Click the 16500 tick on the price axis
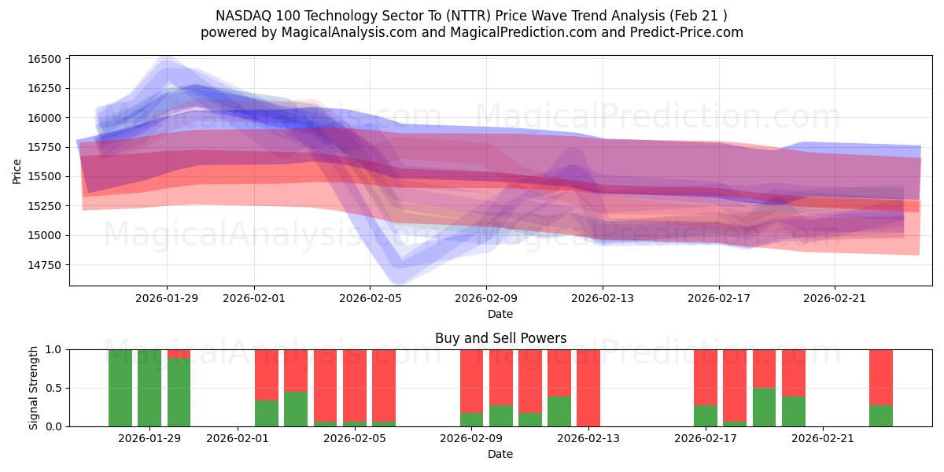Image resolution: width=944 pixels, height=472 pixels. pos(44,59)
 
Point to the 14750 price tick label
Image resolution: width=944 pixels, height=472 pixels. pos(44,264)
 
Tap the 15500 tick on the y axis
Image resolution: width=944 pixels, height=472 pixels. pos(44,176)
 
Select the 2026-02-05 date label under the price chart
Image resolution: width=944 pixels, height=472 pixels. pos(370,298)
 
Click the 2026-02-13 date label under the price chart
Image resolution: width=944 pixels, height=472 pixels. pos(603,298)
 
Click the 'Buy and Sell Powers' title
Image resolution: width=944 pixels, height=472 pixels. pos(500,338)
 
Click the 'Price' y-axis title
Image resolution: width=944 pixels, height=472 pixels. pos(17,171)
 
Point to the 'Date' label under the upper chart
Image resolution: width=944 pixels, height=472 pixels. pos(500,314)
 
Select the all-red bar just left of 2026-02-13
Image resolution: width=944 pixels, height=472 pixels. pos(588,388)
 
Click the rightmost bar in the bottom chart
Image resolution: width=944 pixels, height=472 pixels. pos(880,388)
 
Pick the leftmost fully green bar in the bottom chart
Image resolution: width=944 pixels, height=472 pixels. pos(120,388)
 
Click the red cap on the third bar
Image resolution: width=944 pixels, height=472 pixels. pos(179,354)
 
